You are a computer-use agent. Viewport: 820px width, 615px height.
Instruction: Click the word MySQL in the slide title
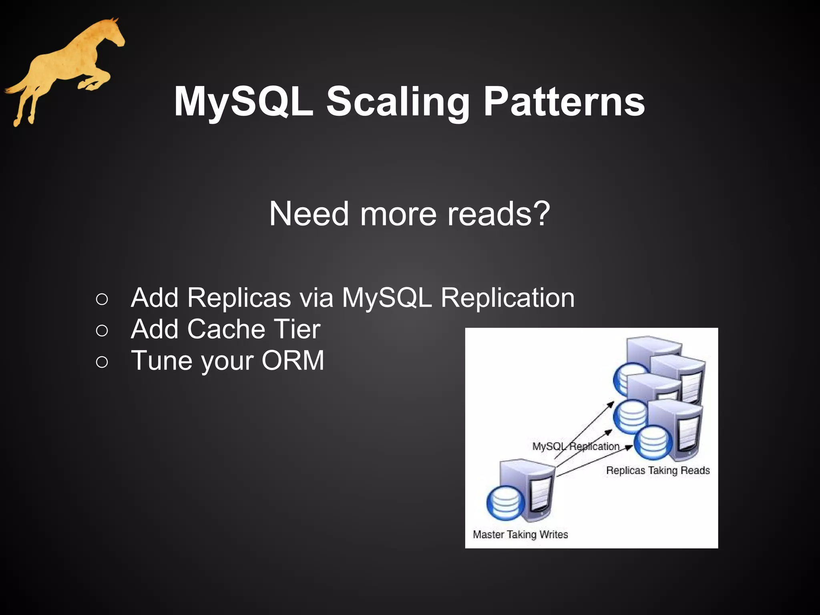click(x=243, y=102)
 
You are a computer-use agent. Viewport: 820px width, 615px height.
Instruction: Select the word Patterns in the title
click(x=564, y=102)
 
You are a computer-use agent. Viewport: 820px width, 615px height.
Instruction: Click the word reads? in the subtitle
click(x=499, y=214)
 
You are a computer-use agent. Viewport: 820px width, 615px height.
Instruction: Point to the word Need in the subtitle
click(x=309, y=214)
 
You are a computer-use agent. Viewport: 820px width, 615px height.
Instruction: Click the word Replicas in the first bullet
click(x=239, y=298)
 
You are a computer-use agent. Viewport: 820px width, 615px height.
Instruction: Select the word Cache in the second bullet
click(x=226, y=329)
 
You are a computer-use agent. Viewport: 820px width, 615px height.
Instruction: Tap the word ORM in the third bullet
click(x=293, y=360)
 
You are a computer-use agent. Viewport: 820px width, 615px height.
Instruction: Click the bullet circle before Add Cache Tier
click(x=102, y=330)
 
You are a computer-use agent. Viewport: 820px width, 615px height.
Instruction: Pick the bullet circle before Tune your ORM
click(x=102, y=362)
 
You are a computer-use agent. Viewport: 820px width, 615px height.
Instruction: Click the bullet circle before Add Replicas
click(x=102, y=299)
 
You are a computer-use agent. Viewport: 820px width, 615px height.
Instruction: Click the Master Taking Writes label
click(x=520, y=535)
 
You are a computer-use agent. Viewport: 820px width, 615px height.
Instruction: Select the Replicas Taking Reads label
click(x=658, y=470)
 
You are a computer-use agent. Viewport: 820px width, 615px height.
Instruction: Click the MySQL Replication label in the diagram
click(x=575, y=446)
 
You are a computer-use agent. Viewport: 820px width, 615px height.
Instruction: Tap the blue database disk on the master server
click(x=506, y=503)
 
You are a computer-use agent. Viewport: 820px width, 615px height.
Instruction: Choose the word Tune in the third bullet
click(x=163, y=360)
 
